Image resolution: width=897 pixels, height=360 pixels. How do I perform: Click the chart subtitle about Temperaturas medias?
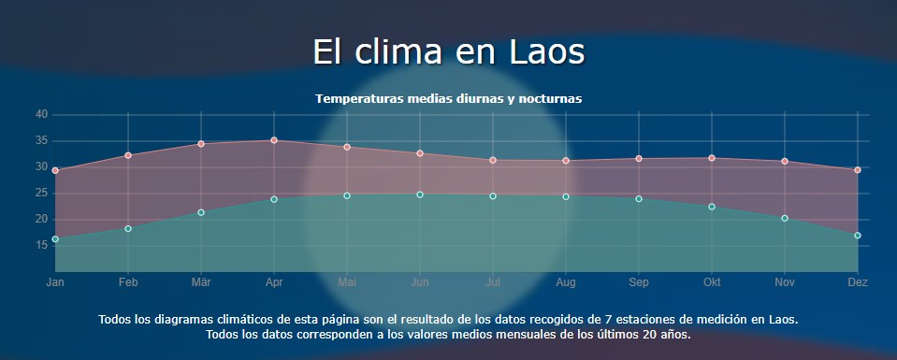(449, 98)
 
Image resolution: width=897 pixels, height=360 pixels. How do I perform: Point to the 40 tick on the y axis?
(41, 114)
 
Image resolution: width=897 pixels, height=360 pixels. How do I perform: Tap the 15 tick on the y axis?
(41, 246)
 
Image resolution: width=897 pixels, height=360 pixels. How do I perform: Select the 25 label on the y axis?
(41, 194)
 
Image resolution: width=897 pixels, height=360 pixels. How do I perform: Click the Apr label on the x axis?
(274, 281)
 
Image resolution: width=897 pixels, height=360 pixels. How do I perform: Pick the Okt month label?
(712, 281)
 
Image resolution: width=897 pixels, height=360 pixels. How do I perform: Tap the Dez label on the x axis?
(857, 281)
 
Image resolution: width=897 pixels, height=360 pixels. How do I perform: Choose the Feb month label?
(128, 281)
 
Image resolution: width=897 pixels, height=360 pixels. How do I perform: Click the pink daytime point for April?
(274, 140)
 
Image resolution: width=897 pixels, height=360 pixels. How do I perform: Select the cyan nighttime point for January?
(55, 239)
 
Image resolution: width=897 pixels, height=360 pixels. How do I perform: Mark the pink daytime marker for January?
(55, 170)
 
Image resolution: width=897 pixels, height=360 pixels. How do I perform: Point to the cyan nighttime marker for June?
(420, 194)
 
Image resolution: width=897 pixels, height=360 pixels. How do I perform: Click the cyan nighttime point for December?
(858, 236)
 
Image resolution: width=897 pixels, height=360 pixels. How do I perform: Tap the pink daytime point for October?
(712, 158)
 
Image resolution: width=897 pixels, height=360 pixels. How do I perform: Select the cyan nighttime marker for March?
(201, 212)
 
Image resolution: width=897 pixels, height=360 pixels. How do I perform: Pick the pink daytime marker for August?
(566, 161)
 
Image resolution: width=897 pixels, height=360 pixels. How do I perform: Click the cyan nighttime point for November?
(785, 218)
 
